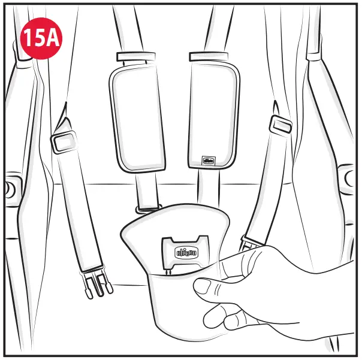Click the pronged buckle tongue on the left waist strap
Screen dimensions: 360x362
(x=96, y=282)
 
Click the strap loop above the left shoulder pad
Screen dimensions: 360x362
(x=131, y=57)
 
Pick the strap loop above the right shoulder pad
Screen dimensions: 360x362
(x=207, y=57)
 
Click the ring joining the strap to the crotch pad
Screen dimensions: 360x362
(x=146, y=208)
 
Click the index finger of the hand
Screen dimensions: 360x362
(x=240, y=264)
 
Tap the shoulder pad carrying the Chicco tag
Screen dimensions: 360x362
(x=213, y=114)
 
